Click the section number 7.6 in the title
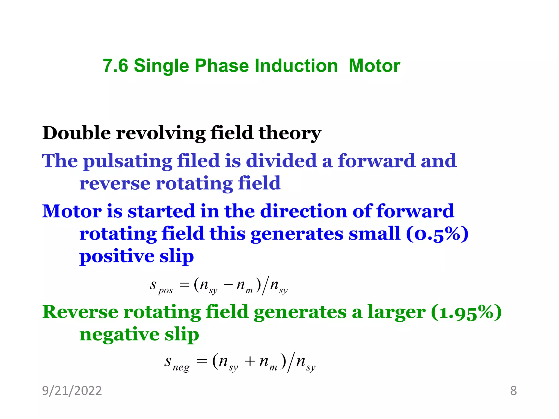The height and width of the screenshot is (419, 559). (115, 66)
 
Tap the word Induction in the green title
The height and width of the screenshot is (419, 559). (296, 66)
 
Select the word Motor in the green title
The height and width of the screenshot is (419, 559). (374, 66)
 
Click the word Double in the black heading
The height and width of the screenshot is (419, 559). (76, 133)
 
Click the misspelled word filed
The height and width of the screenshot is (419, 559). (198, 161)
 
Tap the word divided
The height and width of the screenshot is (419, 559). (281, 161)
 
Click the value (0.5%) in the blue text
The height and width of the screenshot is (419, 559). (437, 234)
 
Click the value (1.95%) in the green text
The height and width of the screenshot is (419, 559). (466, 312)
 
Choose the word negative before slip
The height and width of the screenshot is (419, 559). (119, 335)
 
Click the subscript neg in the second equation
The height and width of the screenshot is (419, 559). (181, 368)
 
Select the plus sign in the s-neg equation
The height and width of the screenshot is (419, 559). (250, 362)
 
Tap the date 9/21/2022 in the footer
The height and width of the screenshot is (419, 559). (72, 391)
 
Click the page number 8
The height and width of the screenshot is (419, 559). (513, 391)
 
